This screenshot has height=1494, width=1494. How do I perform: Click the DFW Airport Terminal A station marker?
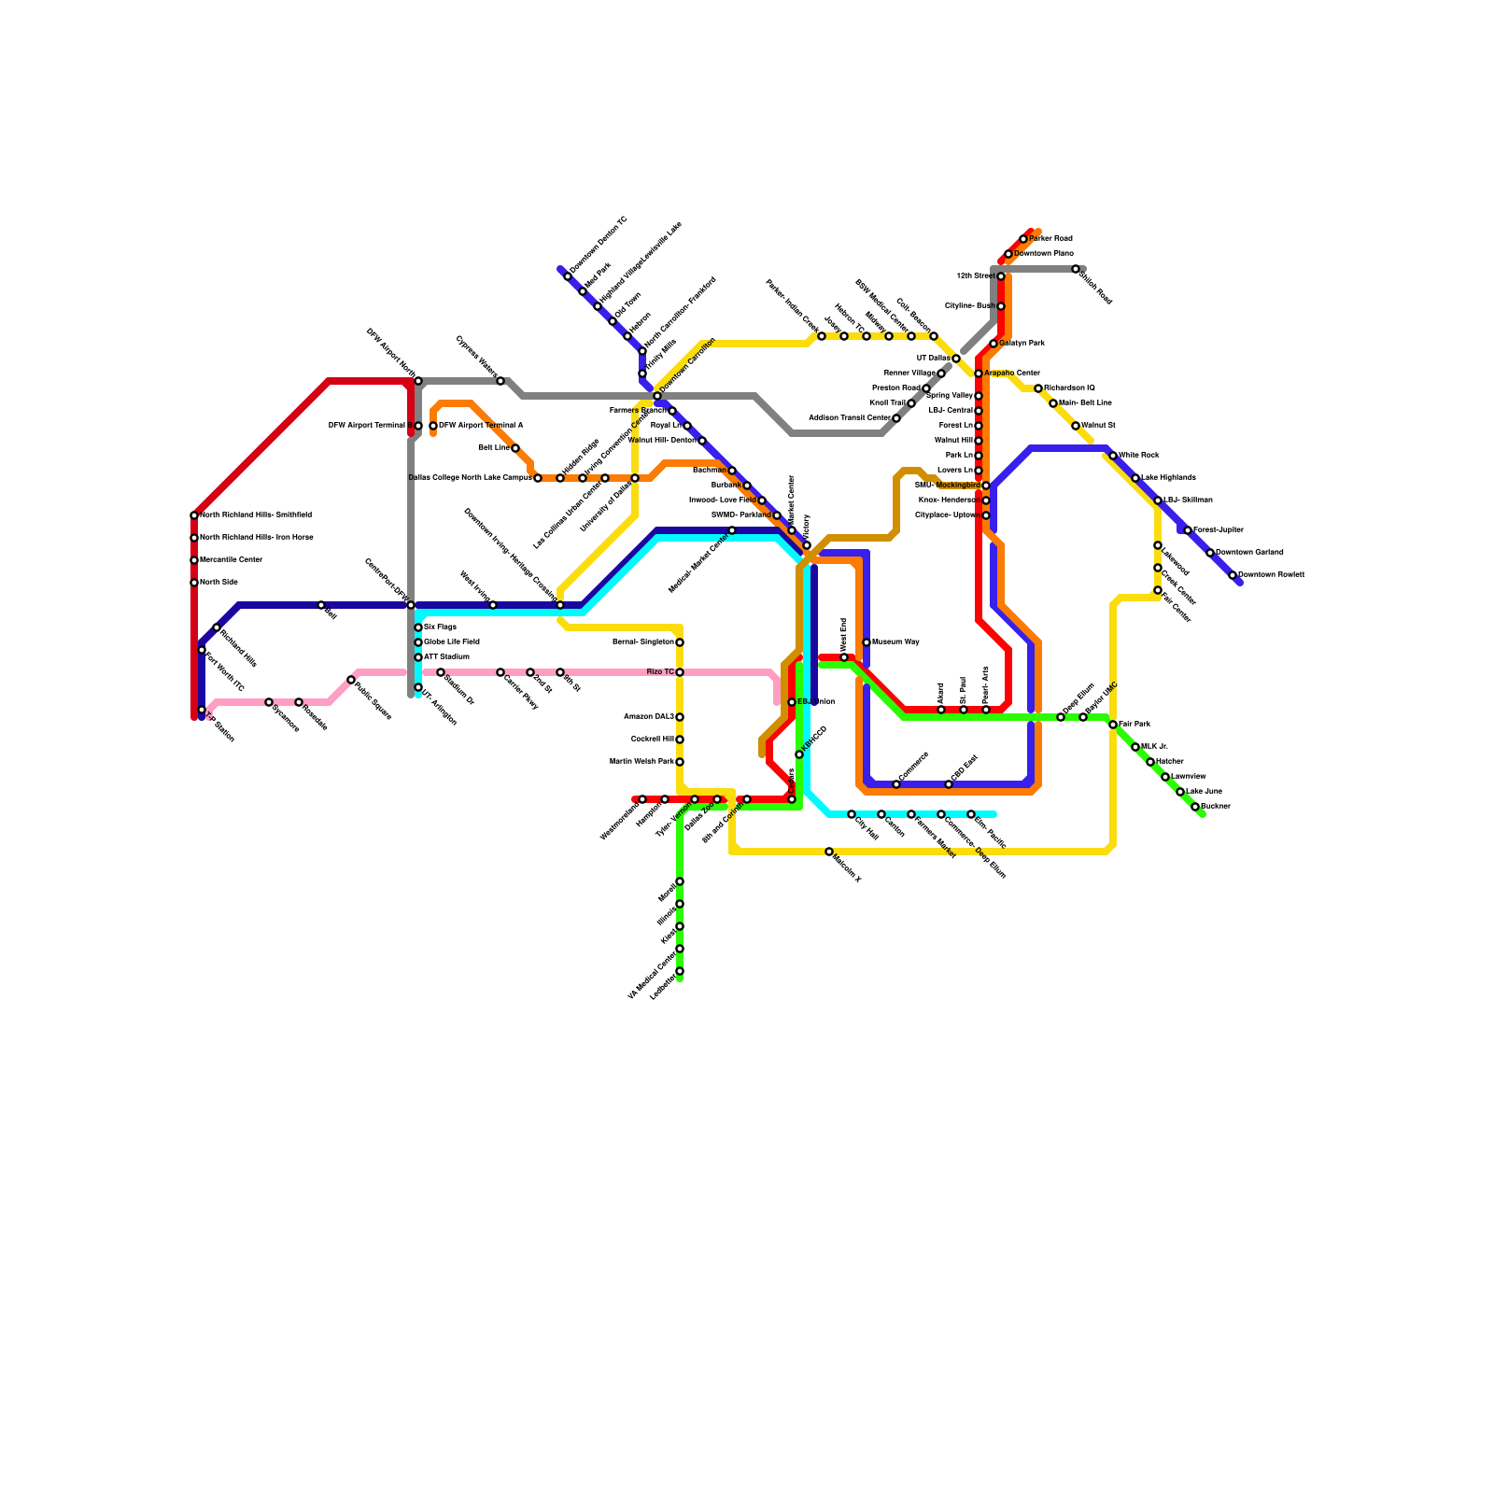[433, 426]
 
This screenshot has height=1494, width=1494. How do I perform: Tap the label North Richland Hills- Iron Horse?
[256, 538]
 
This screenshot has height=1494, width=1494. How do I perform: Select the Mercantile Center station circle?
[194, 560]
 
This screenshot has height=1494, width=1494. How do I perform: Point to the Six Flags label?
[440, 627]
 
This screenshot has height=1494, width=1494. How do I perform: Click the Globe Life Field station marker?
[418, 642]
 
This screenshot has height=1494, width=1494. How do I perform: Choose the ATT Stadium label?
[446, 657]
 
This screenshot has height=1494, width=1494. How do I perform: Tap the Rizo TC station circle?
[680, 672]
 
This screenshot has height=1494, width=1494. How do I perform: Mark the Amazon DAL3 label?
[648, 717]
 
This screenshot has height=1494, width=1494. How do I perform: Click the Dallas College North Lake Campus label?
[470, 478]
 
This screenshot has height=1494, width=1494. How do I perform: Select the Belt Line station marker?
[515, 448]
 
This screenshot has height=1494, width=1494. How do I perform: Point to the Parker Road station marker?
[1023, 239]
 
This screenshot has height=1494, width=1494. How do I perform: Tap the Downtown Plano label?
[1044, 254]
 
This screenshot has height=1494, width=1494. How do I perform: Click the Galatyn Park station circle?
[994, 344]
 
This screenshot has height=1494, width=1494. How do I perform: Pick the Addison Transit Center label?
[849, 418]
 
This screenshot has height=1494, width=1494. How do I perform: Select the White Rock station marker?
[1113, 456]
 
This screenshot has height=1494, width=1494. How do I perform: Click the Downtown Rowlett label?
[1271, 575]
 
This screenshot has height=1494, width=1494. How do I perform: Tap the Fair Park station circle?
[1113, 725]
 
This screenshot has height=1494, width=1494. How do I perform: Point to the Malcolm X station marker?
[829, 852]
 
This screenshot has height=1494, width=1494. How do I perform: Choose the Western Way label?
[895, 642]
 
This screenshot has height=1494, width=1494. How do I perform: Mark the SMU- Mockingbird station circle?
[986, 486]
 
